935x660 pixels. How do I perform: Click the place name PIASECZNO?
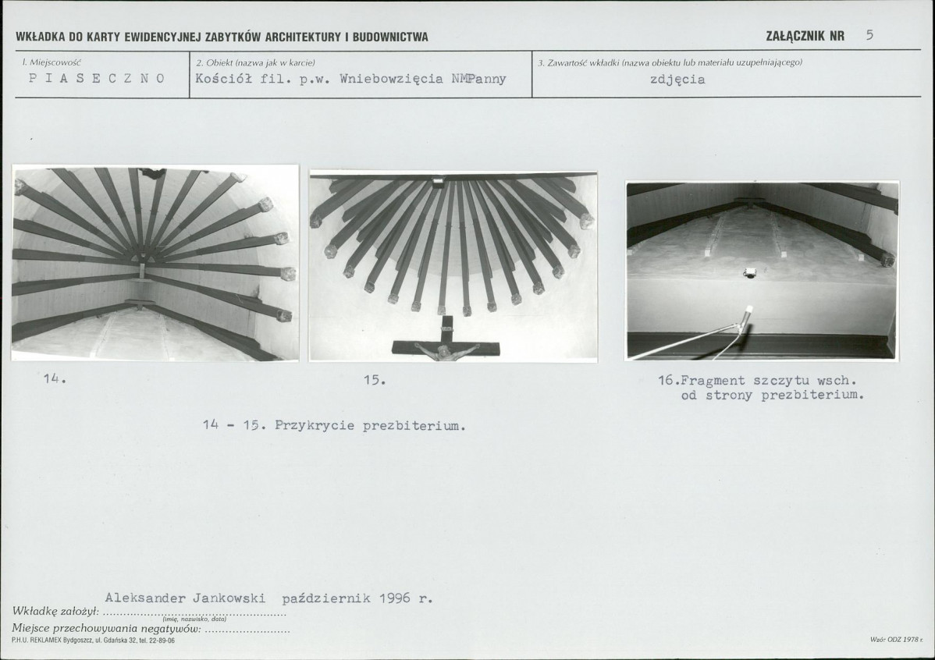[x=97, y=78]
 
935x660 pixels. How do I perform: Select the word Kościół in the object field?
[x=224, y=79]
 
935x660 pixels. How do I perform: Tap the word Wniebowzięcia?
[x=391, y=79]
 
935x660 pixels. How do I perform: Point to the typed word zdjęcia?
[x=677, y=80]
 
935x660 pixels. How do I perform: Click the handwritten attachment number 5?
[x=869, y=34]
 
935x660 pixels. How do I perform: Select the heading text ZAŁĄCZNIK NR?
[x=805, y=36]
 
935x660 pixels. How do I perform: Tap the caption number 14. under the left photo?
[x=55, y=378]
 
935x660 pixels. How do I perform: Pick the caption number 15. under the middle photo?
[x=375, y=379]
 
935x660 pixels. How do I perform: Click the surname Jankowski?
[x=229, y=598]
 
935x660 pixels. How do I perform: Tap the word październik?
[x=326, y=598]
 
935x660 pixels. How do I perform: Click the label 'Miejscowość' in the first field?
[x=52, y=62]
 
